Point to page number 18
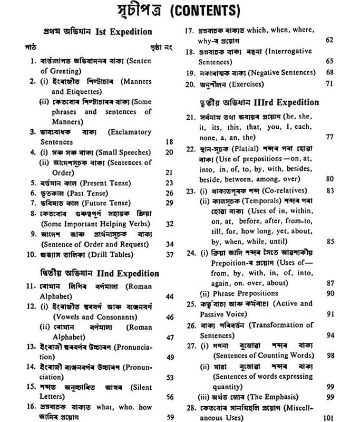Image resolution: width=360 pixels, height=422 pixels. coord(169,142)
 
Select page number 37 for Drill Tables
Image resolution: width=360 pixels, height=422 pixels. coord(169,254)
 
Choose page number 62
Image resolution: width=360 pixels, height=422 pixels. coord(329,40)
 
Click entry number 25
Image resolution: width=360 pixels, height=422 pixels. coord(191,304)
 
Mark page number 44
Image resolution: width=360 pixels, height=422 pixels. coord(169,297)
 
